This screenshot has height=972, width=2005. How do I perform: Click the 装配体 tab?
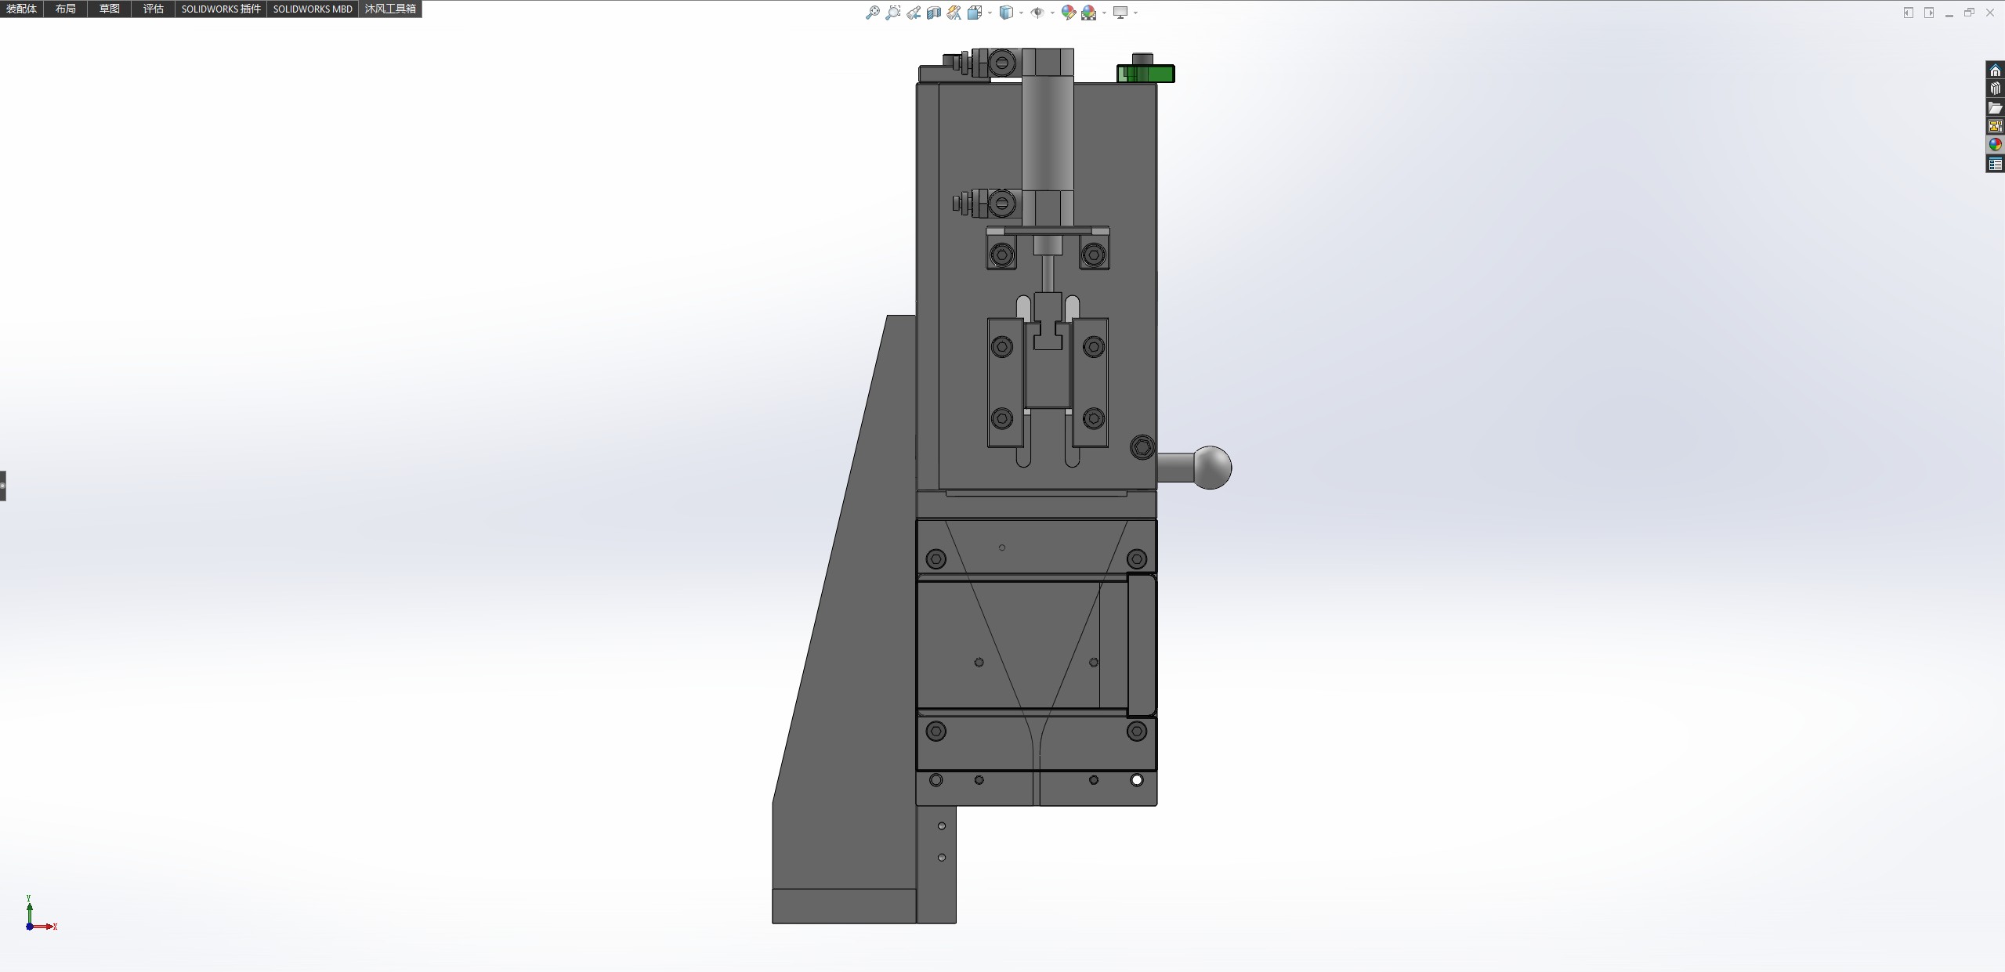22,9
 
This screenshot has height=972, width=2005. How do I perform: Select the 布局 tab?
66,9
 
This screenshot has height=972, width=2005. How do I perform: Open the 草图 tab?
110,9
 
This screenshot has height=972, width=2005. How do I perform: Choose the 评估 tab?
154,9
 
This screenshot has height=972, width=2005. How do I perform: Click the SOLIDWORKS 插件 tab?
221,9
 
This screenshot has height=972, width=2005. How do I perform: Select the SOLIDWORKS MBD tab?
313,9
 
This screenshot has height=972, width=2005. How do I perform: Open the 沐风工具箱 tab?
390,9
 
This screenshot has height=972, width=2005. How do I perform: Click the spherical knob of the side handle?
1211,468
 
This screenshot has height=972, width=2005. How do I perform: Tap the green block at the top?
1145,74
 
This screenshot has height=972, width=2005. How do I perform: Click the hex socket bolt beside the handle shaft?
1142,447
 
